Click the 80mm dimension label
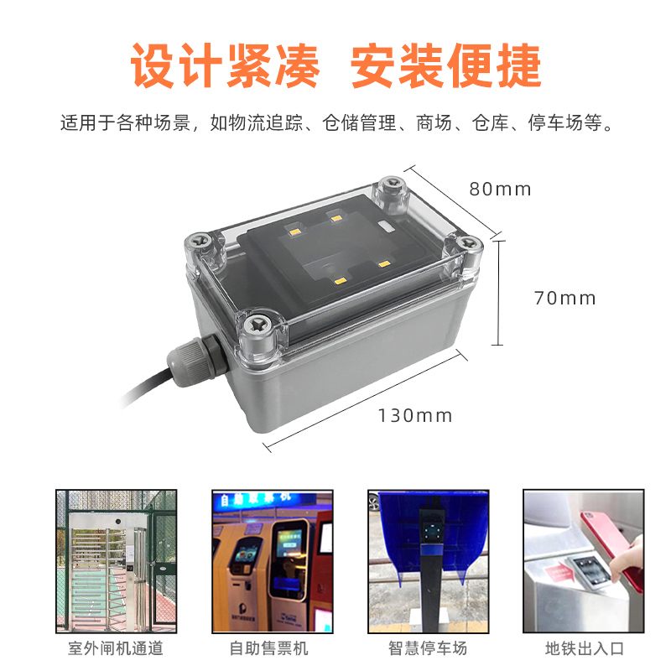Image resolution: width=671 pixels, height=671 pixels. coord(500,190)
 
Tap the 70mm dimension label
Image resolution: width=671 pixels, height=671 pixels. coord(564,299)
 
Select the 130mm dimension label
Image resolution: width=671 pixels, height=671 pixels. coord(415,415)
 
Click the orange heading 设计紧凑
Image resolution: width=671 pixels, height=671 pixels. coord(225,66)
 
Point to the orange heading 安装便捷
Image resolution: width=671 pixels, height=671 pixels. coord(446,66)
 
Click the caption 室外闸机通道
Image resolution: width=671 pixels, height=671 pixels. coord(116,648)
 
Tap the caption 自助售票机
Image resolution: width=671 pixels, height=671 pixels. coord(268,648)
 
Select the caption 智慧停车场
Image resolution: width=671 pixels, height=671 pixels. coord(428,648)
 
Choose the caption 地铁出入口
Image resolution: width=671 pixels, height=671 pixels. coord(584,648)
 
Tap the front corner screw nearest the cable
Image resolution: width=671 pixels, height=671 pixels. coord(259,327)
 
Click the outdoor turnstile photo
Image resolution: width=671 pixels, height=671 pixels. coord(116,561)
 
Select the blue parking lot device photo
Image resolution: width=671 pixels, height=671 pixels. coord(428,561)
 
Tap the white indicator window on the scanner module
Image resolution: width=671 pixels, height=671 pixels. coord(387,226)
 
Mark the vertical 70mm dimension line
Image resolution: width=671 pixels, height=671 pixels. coord(497,293)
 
